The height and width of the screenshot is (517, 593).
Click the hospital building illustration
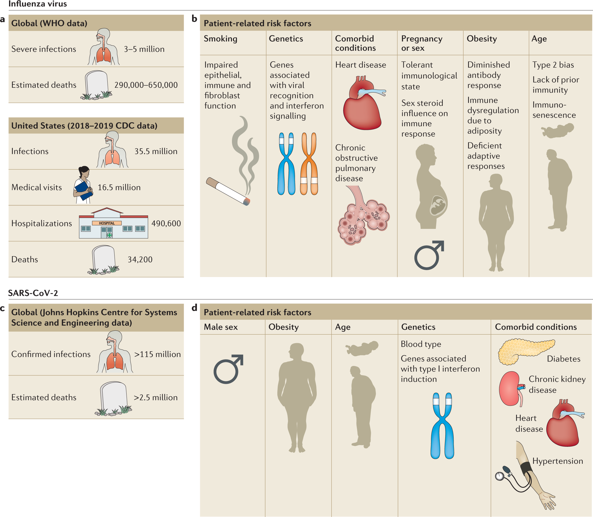click(x=113, y=224)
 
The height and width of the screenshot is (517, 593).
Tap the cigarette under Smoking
click(x=228, y=191)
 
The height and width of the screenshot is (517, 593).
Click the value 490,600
click(x=166, y=223)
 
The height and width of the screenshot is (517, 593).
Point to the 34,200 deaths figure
click(x=140, y=259)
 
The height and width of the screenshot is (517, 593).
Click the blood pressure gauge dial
click(x=499, y=476)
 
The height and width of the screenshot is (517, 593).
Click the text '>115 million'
click(x=157, y=354)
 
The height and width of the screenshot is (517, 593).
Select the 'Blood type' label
click(x=421, y=344)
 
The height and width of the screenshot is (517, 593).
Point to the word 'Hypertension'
click(x=558, y=461)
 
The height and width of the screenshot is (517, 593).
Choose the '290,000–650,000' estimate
click(x=146, y=85)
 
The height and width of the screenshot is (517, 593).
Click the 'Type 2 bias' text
click(x=553, y=65)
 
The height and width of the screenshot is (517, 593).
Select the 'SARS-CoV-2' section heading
click(x=33, y=293)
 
